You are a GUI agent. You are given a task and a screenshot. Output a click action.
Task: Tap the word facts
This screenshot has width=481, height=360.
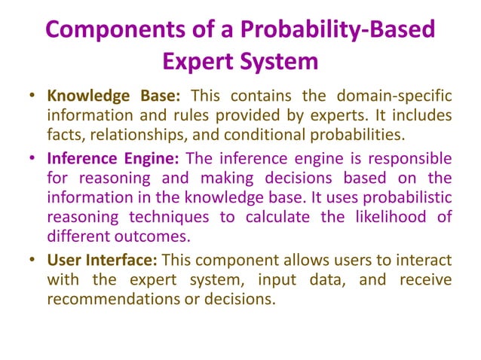click(63, 136)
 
